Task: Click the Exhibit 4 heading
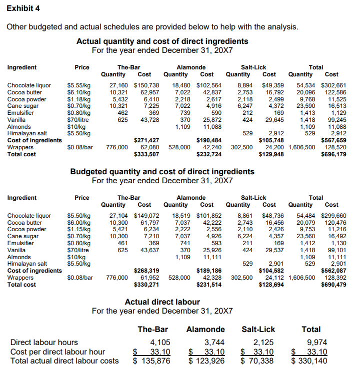click(23, 8)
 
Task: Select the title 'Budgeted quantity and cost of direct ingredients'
click(162, 172)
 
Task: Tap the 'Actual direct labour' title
click(162, 302)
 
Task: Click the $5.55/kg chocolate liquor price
click(79, 85)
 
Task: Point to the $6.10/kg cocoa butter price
click(79, 92)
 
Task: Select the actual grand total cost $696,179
click(333, 154)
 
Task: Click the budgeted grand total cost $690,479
click(333, 285)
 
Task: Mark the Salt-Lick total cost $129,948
click(271, 154)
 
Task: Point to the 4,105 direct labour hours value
click(160, 343)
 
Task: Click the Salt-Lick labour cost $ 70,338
click(257, 361)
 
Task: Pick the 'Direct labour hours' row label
click(44, 343)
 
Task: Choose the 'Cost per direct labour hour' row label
click(57, 352)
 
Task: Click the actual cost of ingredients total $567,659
click(333, 141)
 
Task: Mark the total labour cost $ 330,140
click(308, 361)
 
